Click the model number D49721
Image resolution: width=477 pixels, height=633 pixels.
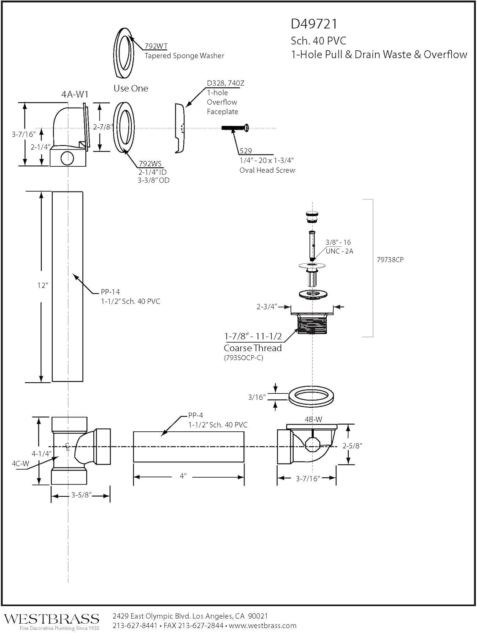click(314, 24)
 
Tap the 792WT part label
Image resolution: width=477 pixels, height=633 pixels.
click(156, 46)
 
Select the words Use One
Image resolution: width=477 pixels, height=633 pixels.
click(131, 88)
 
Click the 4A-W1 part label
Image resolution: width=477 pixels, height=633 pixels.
click(75, 94)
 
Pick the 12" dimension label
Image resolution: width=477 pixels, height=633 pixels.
click(42, 285)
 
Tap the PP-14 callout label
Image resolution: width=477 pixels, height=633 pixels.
click(110, 292)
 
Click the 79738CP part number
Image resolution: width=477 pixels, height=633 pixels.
click(390, 260)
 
